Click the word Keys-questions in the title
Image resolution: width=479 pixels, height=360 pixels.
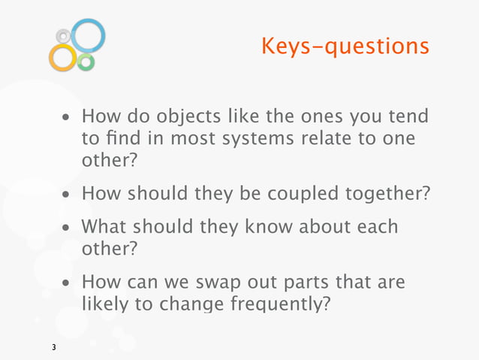coord(345,47)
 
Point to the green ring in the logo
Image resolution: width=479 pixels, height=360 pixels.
coord(86,62)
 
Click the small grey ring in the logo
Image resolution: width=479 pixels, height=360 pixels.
coord(64,35)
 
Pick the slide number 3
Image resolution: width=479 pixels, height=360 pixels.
coord(53,347)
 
